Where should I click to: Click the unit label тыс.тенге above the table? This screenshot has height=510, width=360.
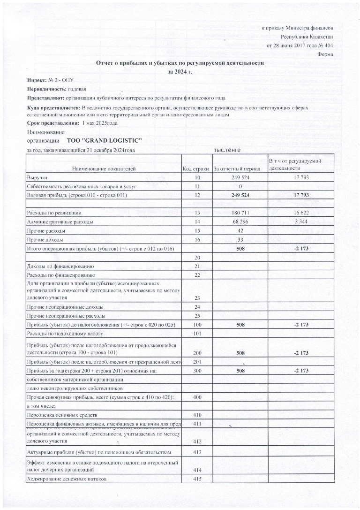click(227, 150)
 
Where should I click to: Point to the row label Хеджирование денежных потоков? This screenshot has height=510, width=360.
click(67, 480)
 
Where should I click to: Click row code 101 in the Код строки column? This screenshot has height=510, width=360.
click(197, 334)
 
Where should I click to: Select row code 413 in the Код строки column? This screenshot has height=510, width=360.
click(197, 452)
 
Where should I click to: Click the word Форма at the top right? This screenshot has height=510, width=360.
click(325, 55)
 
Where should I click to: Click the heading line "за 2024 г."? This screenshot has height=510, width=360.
click(180, 72)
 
